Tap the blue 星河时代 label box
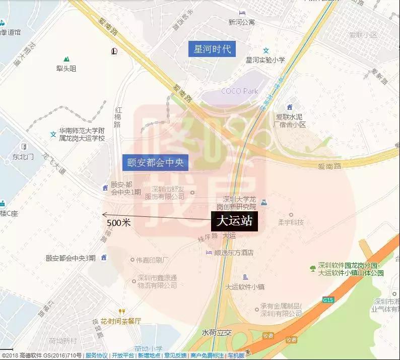click(x=212, y=49)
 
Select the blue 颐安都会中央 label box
click(x=156, y=162)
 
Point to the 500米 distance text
click(x=119, y=222)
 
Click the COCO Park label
click(x=239, y=91)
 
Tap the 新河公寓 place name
click(x=241, y=22)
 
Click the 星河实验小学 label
click(x=265, y=59)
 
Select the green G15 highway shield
click(x=328, y=300)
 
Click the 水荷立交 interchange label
click(x=216, y=333)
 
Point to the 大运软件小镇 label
click(x=245, y=287)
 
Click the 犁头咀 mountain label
click(x=66, y=69)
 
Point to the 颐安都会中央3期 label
click(x=71, y=258)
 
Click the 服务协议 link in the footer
click(x=97, y=356)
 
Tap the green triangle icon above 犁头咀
click(x=66, y=59)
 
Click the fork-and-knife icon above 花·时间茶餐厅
click(x=121, y=311)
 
